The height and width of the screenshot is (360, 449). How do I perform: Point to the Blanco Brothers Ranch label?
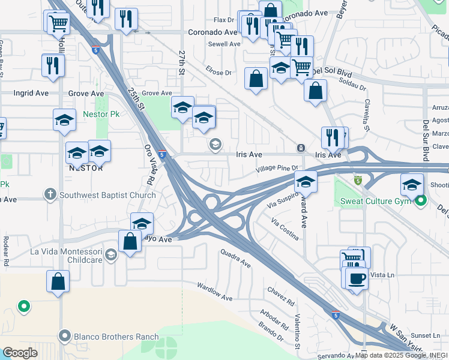click(116, 337)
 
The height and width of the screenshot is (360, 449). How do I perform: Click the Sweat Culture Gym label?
click(375, 200)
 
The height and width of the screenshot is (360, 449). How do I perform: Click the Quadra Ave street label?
click(235, 259)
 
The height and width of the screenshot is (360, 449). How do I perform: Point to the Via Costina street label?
click(285, 229)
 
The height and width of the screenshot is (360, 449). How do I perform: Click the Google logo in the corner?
click(20, 352)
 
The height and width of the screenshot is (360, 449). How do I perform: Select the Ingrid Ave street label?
click(31, 94)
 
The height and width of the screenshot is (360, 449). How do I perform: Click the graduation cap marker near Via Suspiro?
click(306, 181)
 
